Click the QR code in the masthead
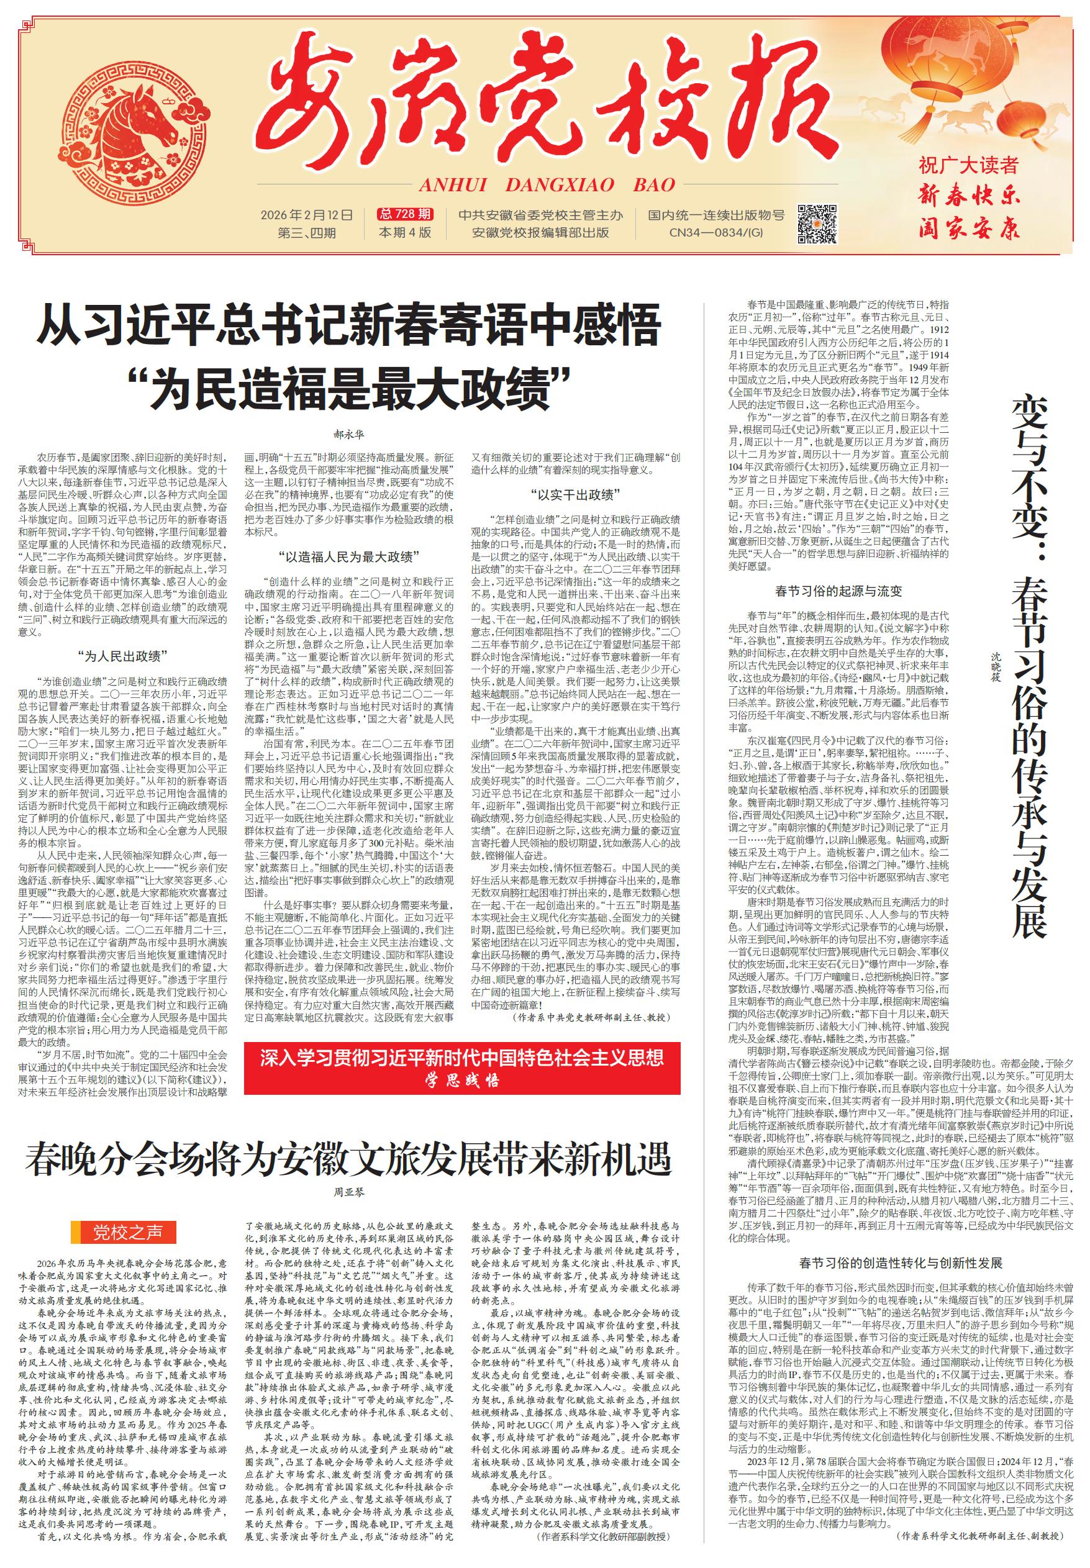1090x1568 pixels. (x=817, y=224)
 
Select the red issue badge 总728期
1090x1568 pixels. (x=406, y=214)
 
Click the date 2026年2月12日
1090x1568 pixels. (x=307, y=215)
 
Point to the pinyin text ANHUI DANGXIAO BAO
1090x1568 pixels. (x=547, y=184)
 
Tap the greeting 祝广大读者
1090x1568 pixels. (x=968, y=165)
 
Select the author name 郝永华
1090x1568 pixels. (x=348, y=433)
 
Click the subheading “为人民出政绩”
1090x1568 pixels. (x=123, y=657)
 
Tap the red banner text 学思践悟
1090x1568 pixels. (x=462, y=1081)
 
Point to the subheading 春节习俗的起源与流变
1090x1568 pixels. (x=838, y=591)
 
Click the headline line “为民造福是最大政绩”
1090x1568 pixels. (x=348, y=387)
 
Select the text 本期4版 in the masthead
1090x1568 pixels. (x=406, y=233)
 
